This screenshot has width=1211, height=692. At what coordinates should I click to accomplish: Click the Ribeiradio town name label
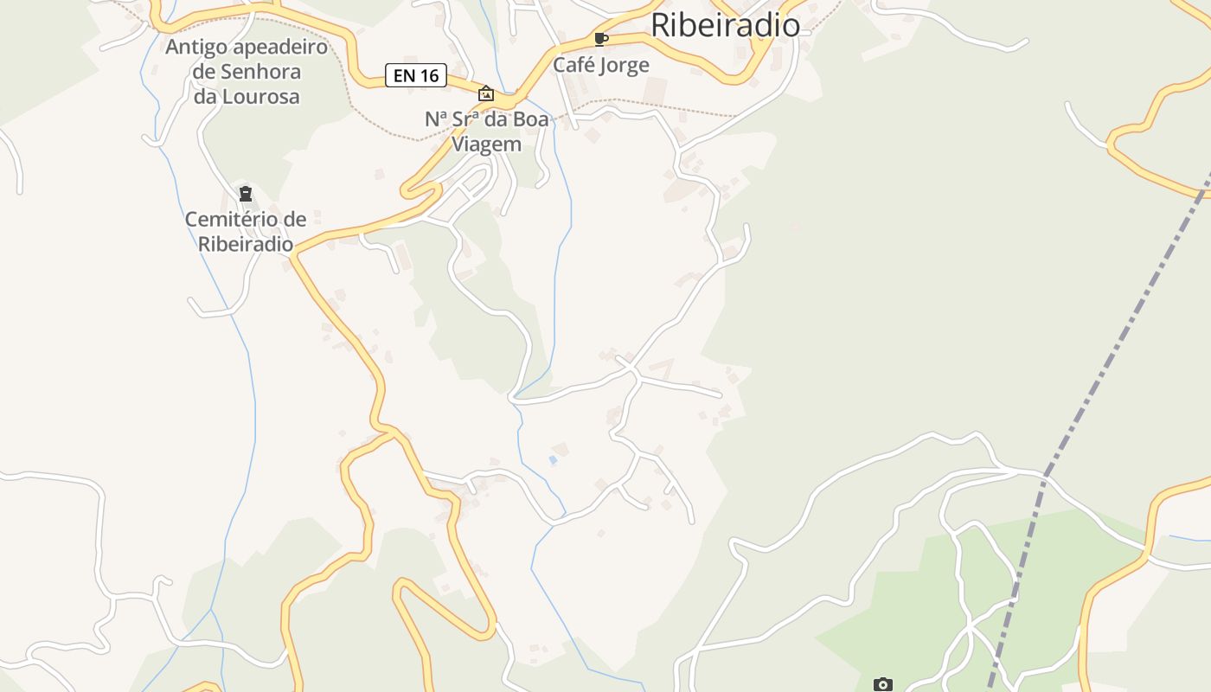pyautogui.click(x=725, y=25)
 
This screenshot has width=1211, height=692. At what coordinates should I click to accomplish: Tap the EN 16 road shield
pyautogui.click(x=416, y=75)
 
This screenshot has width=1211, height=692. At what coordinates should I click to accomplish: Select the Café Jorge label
pyautogui.click(x=601, y=65)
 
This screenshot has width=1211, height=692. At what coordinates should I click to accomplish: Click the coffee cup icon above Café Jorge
pyautogui.click(x=601, y=39)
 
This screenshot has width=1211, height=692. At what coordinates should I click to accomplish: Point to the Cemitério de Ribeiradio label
pyautogui.click(x=246, y=231)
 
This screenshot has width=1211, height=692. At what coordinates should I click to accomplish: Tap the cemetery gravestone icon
pyautogui.click(x=246, y=194)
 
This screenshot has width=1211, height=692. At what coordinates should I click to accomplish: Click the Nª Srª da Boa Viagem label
pyautogui.click(x=486, y=131)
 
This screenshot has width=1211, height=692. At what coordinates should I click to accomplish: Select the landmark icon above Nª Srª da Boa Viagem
pyautogui.click(x=486, y=93)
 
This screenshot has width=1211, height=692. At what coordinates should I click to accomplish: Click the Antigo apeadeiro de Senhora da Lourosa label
pyautogui.click(x=247, y=72)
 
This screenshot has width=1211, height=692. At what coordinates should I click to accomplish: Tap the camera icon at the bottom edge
pyautogui.click(x=882, y=685)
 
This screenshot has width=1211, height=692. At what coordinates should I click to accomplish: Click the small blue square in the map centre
pyautogui.click(x=553, y=460)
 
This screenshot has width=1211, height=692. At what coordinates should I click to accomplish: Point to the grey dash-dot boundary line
pyautogui.click(x=1099, y=381)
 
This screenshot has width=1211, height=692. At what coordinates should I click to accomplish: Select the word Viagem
pyautogui.click(x=486, y=144)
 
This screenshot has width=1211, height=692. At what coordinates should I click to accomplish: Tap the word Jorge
pyautogui.click(x=625, y=65)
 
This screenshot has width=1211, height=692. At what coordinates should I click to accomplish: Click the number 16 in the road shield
pyautogui.click(x=429, y=75)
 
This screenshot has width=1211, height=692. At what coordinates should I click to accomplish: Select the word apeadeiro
pyautogui.click(x=279, y=47)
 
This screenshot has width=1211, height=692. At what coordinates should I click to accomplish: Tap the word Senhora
pyautogui.click(x=260, y=72)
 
